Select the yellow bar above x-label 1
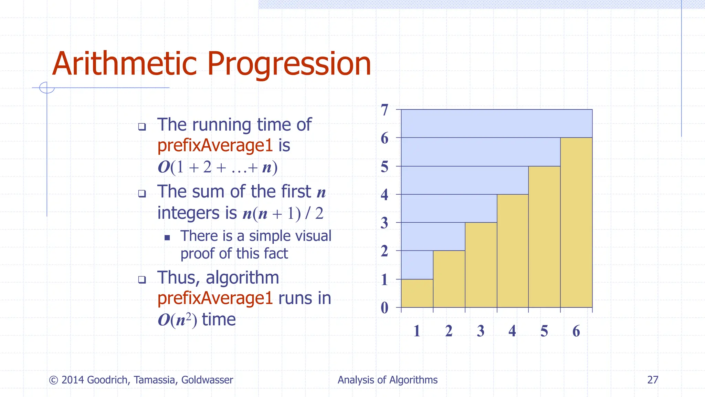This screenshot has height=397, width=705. tap(417, 293)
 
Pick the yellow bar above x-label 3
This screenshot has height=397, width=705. tap(481, 265)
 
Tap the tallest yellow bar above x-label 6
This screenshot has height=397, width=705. tap(576, 222)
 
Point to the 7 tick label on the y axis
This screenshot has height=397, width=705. tap(385, 110)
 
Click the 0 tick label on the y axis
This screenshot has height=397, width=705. tap(385, 308)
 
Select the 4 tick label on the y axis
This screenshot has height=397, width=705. tap(385, 195)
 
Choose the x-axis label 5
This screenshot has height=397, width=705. tap(544, 331)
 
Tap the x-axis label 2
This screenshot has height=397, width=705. tap(449, 331)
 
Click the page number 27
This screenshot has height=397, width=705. tap(653, 380)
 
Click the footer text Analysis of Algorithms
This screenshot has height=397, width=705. tap(387, 380)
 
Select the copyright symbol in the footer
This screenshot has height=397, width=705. tap(53, 380)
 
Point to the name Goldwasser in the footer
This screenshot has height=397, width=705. tap(207, 380)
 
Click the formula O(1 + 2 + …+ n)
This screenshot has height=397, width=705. tap(218, 167)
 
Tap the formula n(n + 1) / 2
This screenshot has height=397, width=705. tap(283, 214)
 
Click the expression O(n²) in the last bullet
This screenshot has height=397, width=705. tap(177, 320)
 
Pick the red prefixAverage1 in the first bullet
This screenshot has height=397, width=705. tap(215, 145)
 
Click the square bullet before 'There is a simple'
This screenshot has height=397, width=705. tap(167, 237)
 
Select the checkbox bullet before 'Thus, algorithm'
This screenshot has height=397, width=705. tap(142, 279)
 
